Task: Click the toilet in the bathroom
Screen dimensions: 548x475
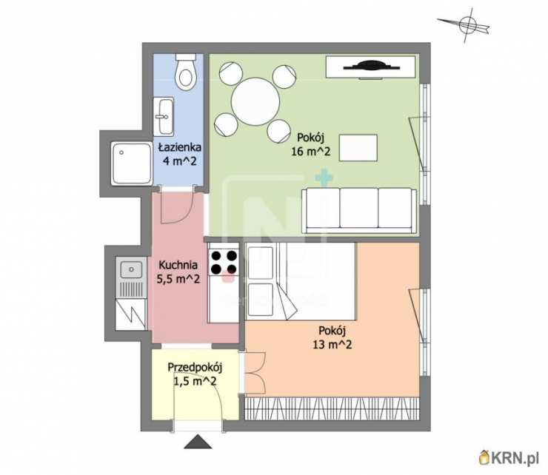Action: [185, 72]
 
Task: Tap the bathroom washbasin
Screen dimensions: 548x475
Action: [164, 116]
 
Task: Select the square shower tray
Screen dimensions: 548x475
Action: [132, 163]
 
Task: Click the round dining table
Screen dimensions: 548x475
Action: [255, 101]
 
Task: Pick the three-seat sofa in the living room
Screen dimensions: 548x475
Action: [359, 211]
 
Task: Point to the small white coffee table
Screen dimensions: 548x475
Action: [358, 148]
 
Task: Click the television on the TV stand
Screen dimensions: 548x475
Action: [371, 66]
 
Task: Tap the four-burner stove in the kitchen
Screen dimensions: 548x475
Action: [224, 263]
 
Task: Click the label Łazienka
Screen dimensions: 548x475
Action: [180, 147]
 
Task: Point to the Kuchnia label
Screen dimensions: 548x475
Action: [178, 265]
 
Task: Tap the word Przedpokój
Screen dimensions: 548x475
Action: [195, 368]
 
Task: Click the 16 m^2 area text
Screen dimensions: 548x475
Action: [311, 152]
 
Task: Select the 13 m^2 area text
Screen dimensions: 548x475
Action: [333, 345]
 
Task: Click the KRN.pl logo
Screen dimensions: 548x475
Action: [509, 457]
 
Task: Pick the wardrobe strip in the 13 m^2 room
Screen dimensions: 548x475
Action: [332, 408]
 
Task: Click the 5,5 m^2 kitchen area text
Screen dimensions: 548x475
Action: [178, 279]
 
